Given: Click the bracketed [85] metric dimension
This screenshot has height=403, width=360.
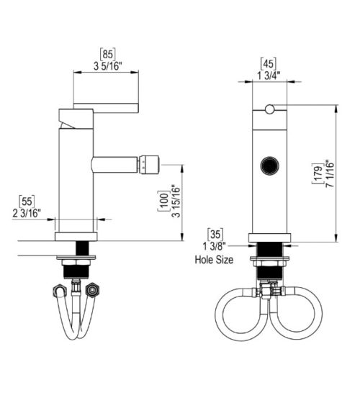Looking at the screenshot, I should (107, 53).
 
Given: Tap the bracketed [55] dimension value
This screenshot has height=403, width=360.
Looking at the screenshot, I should (26, 202).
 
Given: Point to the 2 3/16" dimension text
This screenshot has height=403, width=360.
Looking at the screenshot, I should (27, 214).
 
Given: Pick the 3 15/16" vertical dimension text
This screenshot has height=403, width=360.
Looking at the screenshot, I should (175, 202).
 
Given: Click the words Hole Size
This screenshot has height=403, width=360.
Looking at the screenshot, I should (213, 260).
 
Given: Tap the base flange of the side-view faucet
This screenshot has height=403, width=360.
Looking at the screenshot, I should (76, 237).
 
